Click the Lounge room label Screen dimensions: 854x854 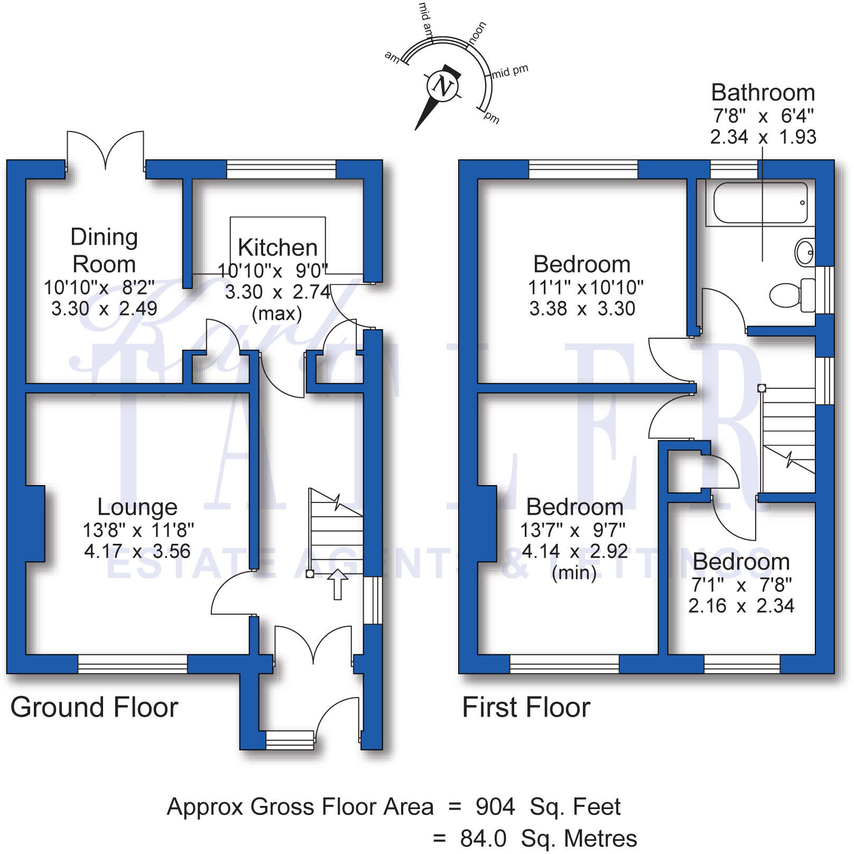pos(137,507)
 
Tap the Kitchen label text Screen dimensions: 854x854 pos(277,247)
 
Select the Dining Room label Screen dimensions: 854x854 pos(104,250)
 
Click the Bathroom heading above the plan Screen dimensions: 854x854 pos(763,93)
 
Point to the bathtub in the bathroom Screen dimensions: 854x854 pos(760,203)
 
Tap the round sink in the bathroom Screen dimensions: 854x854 pos(805,252)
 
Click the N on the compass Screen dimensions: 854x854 pos(442,86)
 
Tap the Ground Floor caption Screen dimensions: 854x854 pos(94,707)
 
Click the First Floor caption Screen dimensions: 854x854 pos(526,707)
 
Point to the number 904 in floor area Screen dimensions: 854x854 pos(495,806)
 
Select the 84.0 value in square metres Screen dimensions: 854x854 pos(483,838)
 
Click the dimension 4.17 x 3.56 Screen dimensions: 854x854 pos(137,551)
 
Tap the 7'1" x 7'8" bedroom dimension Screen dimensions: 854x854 pos(741,584)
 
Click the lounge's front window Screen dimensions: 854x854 pos(133,664)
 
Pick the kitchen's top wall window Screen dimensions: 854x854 pos(281,169)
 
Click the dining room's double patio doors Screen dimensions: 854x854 pos(105,151)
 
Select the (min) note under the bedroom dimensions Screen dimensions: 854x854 pos(574,573)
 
